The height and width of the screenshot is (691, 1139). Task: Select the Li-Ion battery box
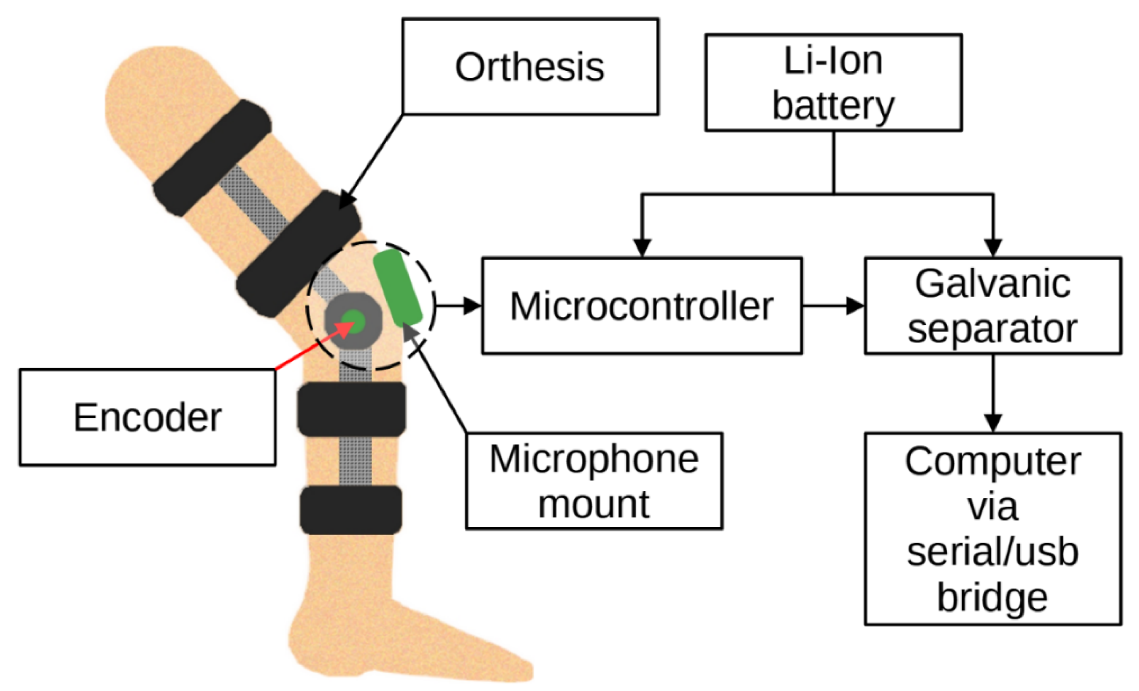(x=833, y=82)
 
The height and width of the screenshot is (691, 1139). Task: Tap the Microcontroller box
(x=641, y=306)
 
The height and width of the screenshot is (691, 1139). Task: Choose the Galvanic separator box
(x=993, y=306)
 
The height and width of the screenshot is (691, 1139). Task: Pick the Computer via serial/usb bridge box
(x=993, y=529)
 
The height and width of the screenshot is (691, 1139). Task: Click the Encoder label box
(x=147, y=417)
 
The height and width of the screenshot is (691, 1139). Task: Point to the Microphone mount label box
(x=594, y=481)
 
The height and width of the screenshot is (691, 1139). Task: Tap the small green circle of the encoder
(x=354, y=321)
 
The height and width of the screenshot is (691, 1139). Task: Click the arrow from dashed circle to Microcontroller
(x=458, y=306)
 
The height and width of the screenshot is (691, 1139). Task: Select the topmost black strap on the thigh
(x=212, y=158)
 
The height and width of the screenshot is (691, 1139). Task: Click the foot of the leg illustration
(x=416, y=647)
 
